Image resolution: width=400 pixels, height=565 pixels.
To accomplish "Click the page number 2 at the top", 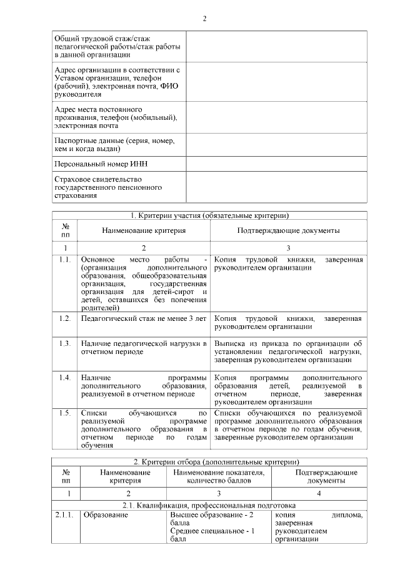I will pos(204,17).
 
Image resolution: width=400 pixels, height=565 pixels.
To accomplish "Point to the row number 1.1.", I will pos(65,258).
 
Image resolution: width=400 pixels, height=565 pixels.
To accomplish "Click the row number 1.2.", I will pos(65,318).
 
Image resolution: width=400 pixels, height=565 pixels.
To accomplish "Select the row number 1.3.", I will pos(65,343).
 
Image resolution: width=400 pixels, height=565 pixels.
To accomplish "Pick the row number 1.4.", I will pos(65,378).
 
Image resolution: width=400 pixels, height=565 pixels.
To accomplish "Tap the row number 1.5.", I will pos(65,413).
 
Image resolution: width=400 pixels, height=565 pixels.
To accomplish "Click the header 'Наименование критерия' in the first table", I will pos(144,230).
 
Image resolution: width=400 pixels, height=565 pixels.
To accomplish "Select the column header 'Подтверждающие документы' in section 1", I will pos(288,230).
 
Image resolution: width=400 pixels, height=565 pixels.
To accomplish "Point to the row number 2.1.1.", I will pos(66,515).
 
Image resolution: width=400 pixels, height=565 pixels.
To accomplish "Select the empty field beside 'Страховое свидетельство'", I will pos(276,187).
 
